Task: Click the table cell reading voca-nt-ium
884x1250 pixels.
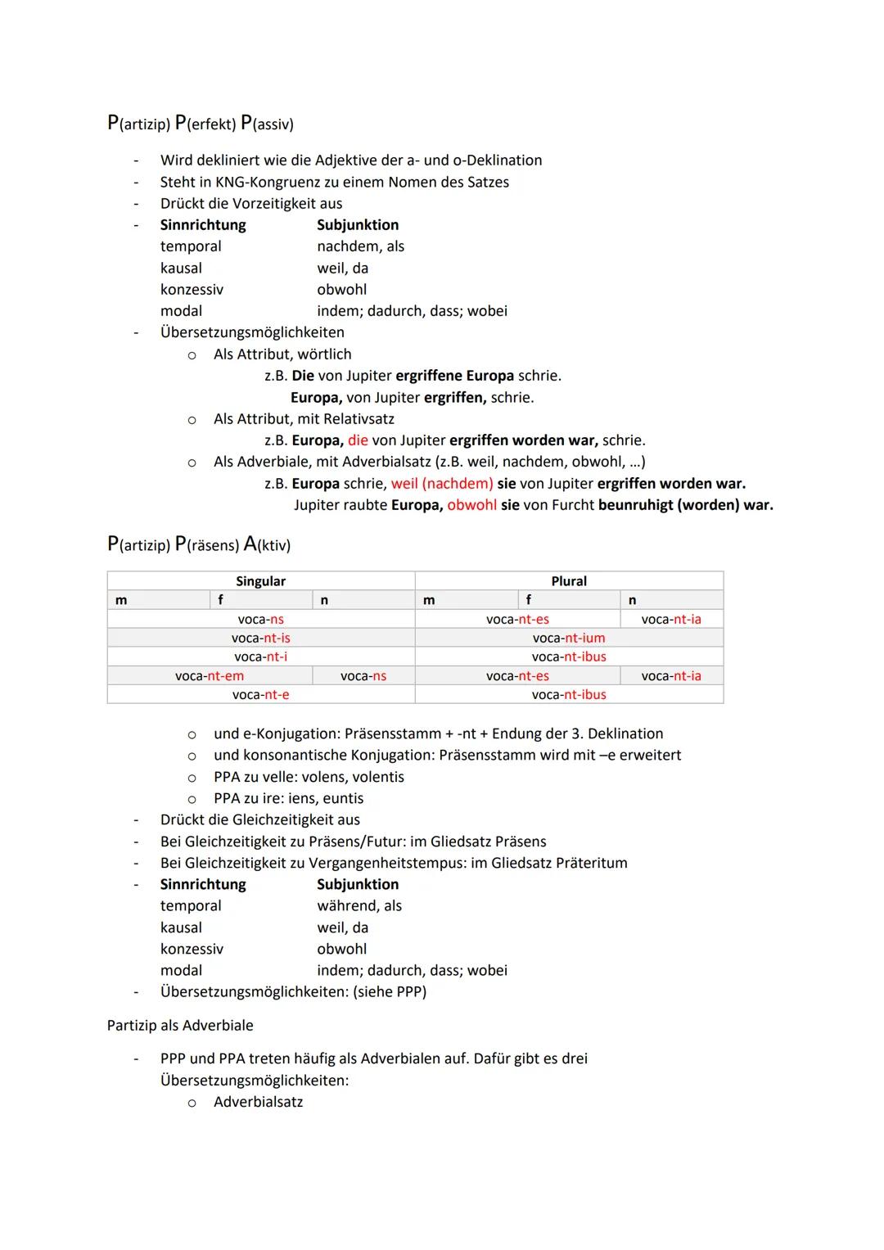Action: tap(569, 639)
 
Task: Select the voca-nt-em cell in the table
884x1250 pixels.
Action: tap(210, 676)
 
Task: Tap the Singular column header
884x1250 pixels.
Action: tap(260, 581)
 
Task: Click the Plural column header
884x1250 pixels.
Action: tap(569, 581)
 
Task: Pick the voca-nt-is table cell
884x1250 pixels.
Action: tap(260, 639)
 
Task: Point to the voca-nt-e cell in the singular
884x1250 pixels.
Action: tap(260, 695)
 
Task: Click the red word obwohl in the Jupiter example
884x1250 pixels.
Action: tap(471, 505)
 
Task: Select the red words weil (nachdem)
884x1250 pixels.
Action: tap(442, 484)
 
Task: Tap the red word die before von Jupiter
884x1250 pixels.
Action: tap(358, 440)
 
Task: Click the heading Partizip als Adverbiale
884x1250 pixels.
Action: tap(180, 1026)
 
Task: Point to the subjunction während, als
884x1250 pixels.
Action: tap(359, 906)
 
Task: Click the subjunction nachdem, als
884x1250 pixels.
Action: tap(360, 246)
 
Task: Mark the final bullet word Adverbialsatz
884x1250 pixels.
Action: tap(258, 1103)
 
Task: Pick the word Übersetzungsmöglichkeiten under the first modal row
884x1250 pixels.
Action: tap(252, 332)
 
